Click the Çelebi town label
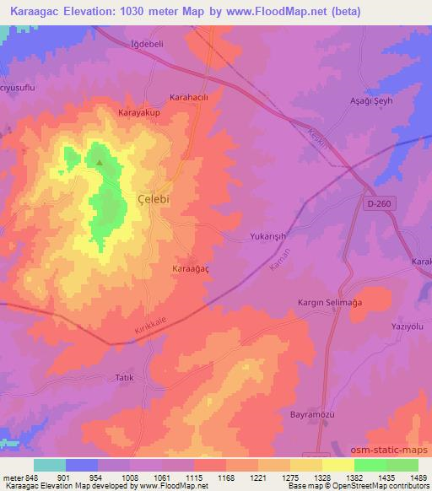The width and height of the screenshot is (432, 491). [x=156, y=196]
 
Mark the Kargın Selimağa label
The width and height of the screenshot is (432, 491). [x=332, y=302]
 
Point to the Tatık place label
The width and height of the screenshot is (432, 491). [x=123, y=377]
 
